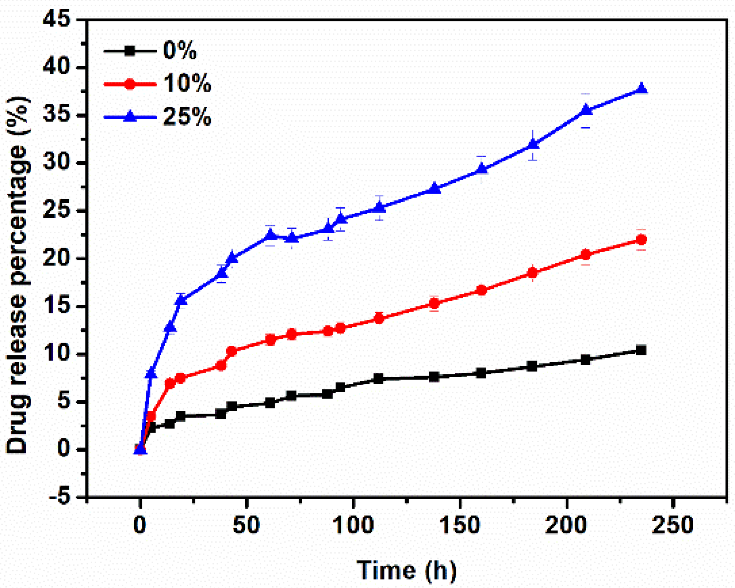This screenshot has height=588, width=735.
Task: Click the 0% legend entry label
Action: coord(180,51)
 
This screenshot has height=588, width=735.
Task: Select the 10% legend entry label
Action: coord(187,84)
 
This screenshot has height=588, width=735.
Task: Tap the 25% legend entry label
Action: coord(187,117)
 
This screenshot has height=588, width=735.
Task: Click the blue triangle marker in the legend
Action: coord(130,116)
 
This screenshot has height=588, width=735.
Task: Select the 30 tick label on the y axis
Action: coord(56,163)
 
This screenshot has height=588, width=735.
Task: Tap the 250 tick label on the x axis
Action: coord(672,525)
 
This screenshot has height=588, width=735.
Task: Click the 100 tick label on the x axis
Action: coord(353,525)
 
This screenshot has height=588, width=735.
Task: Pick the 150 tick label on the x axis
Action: coord(460,525)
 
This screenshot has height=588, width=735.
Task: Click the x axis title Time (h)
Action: coord(407,570)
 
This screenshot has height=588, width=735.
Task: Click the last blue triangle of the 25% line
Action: coord(642,88)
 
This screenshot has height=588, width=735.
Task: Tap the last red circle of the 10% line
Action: coord(641,240)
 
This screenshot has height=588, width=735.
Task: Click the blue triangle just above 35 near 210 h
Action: coord(586,110)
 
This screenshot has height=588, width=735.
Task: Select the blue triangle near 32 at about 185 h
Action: coord(533,144)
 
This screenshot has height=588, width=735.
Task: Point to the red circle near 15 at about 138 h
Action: coord(435,303)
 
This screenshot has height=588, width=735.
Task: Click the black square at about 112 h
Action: coord(378,379)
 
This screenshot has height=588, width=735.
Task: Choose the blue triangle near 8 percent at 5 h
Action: coord(151,373)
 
